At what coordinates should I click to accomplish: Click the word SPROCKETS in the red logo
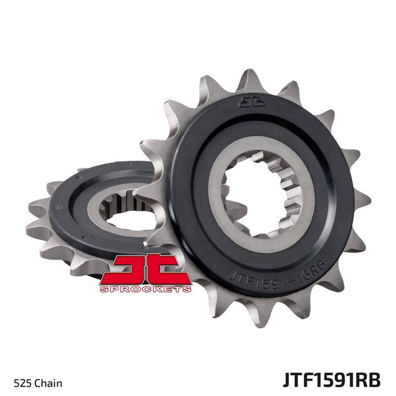coord(145,289)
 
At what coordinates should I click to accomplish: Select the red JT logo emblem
coord(145,273)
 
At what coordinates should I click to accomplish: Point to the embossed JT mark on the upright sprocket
coord(252,102)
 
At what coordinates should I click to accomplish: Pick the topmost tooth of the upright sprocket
coord(249,78)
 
